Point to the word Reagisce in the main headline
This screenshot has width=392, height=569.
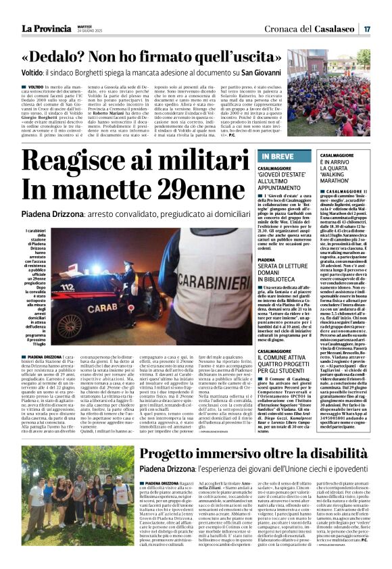[91, 162]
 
